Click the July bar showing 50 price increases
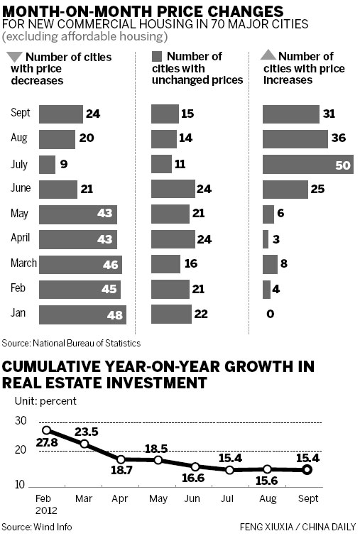(303, 164)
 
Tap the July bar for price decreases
(47, 164)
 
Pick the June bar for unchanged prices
(173, 189)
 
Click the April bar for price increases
(266, 239)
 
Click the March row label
(23, 264)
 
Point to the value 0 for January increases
(271, 314)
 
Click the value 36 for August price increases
(337, 139)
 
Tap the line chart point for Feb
(48, 430)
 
